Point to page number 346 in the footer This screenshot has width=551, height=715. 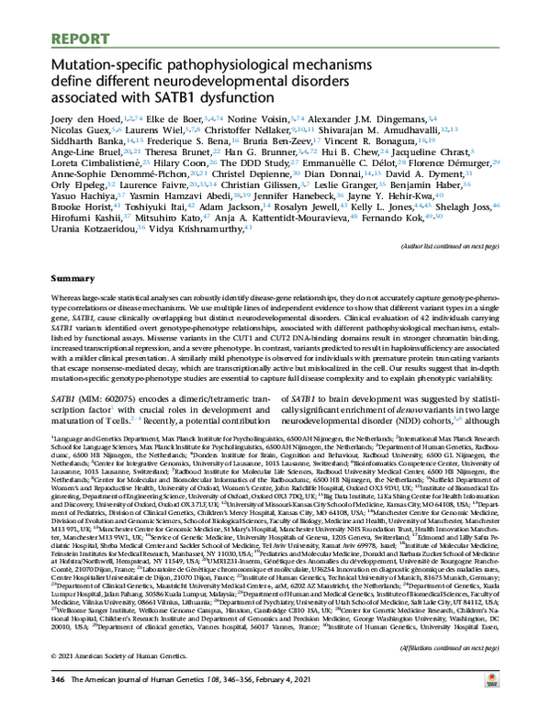click(59, 701)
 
